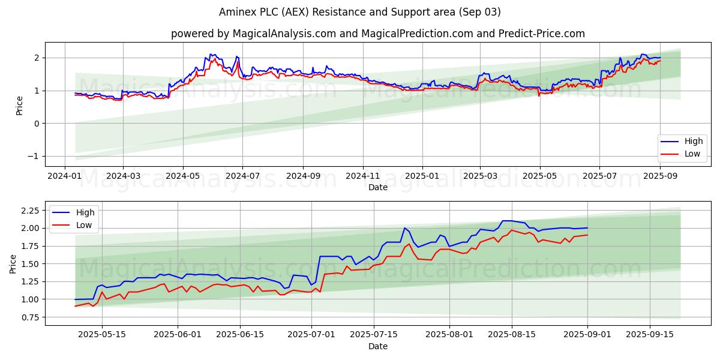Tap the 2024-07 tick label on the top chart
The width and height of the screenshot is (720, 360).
242,176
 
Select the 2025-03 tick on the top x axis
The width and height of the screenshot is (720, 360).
480,176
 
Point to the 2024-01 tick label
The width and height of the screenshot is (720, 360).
65,176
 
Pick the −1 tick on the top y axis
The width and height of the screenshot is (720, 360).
35,156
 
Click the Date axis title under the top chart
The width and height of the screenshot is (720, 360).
377,187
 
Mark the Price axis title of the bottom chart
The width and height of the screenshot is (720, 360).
13,264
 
